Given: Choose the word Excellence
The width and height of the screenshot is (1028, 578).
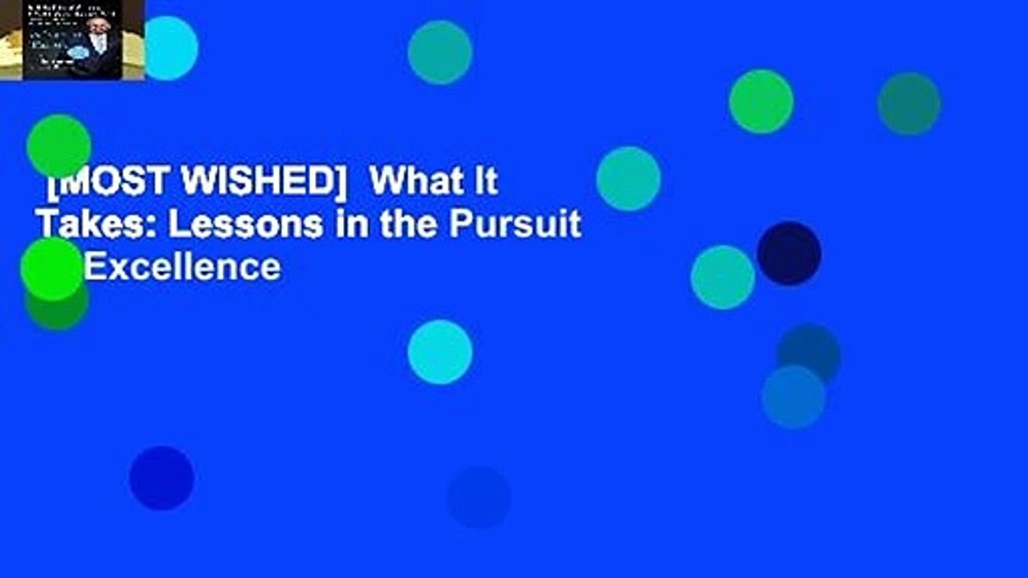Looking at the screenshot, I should (x=182, y=267).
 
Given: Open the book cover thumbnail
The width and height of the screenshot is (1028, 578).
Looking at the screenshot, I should (x=72, y=40).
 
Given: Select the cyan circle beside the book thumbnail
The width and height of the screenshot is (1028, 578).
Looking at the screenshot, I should (x=169, y=48).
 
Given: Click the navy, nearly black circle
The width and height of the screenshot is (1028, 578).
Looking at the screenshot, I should (x=789, y=254).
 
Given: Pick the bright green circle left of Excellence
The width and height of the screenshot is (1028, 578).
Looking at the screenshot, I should (x=52, y=269).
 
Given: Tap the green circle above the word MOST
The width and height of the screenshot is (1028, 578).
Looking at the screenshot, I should (x=59, y=146).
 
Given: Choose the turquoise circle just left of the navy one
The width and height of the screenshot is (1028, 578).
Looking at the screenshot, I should (x=723, y=277).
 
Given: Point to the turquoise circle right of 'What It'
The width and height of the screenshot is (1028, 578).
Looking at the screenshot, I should (x=629, y=178).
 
